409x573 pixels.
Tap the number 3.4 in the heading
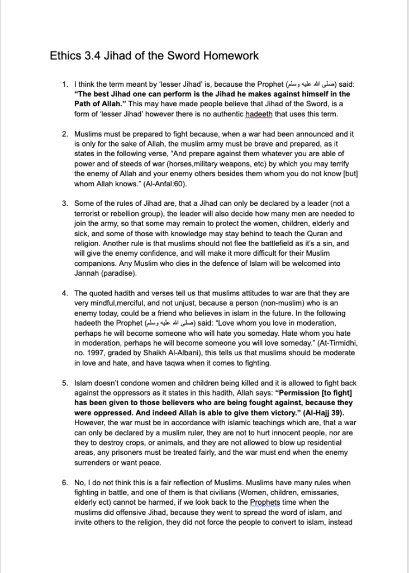pos(93,56)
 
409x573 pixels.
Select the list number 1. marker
pos(65,84)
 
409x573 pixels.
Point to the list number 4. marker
pos(65,293)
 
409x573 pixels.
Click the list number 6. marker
pos(65,482)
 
